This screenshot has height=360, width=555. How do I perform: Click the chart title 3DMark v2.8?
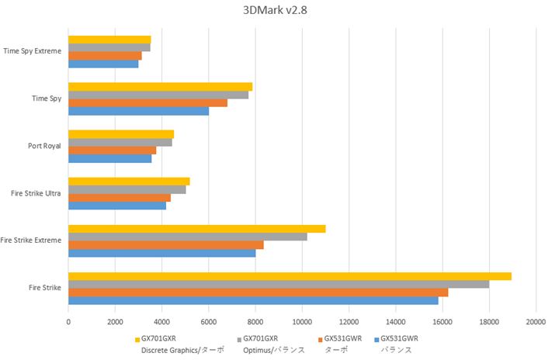tap(276, 12)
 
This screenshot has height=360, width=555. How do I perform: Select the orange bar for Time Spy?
tap(147, 102)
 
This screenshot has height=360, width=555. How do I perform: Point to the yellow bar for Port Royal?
tap(120, 134)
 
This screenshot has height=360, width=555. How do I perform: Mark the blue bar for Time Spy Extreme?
tap(103, 64)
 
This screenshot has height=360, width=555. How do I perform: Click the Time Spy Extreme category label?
tap(32, 51)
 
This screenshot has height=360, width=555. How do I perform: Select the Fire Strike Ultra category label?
tap(35, 193)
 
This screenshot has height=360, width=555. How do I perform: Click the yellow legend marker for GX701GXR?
tap(137, 339)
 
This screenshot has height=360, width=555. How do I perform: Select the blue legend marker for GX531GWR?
tap(376, 339)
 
